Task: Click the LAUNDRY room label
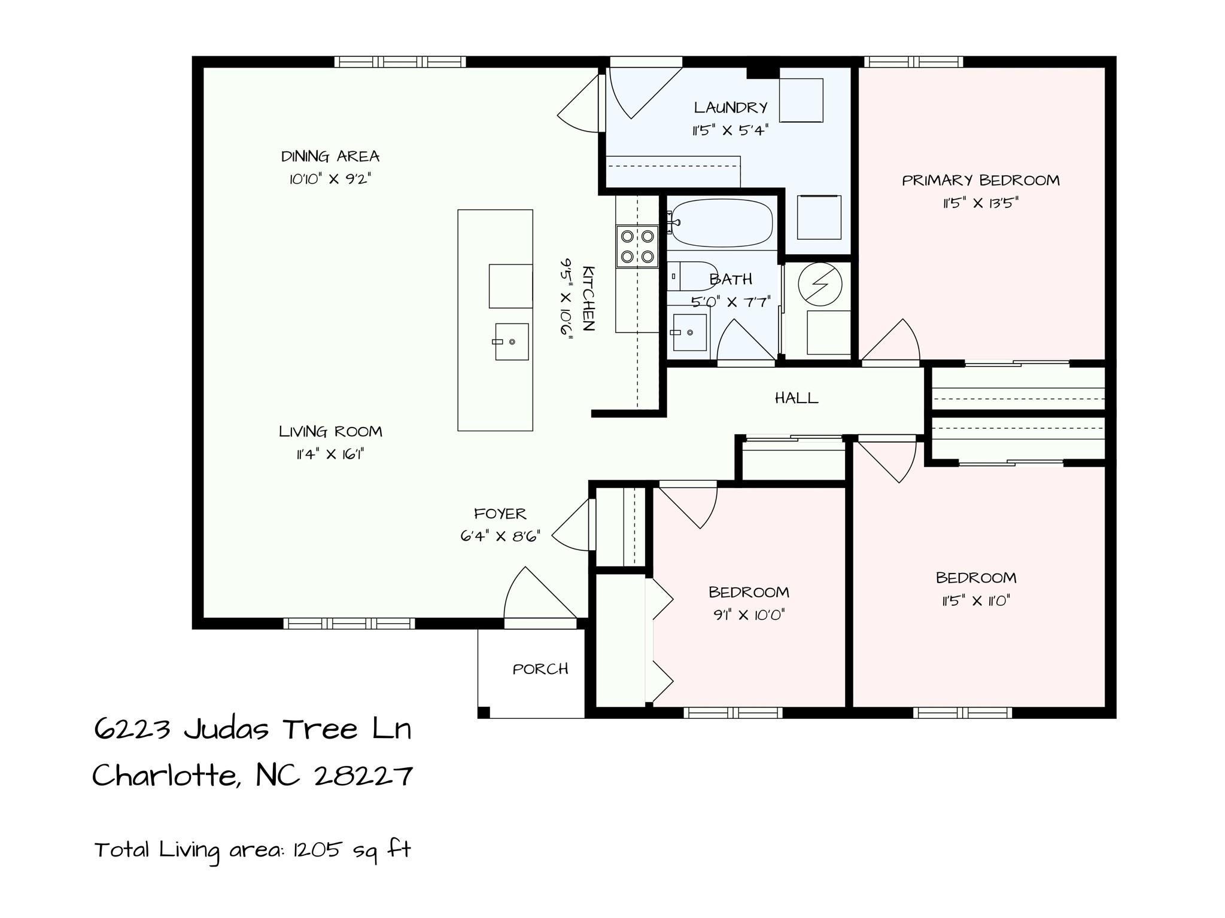730,108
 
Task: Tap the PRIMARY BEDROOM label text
980,180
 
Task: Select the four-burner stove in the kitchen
637,246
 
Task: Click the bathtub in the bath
721,223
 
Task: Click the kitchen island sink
512,341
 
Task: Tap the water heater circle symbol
820,284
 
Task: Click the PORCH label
540,669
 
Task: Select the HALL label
796,398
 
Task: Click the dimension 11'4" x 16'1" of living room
330,455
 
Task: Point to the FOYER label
500,514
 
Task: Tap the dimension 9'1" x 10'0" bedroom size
749,615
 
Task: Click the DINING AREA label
330,157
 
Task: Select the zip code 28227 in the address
363,776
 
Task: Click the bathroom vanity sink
689,332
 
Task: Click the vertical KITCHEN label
588,298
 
